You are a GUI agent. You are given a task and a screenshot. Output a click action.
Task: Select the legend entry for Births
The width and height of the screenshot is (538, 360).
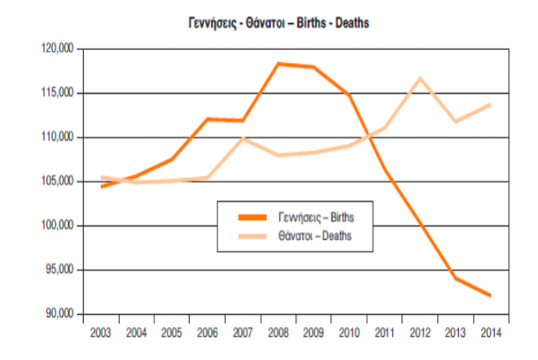coord(315,217)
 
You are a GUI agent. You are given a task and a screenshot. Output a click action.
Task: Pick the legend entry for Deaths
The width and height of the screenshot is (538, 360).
coord(315,236)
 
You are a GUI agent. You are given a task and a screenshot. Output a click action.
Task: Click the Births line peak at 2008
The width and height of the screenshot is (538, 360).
coord(277,64)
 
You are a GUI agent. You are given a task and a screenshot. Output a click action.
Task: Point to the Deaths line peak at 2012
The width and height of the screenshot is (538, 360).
coord(419,78)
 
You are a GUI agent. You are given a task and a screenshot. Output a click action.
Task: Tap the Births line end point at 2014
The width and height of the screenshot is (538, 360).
coord(490,295)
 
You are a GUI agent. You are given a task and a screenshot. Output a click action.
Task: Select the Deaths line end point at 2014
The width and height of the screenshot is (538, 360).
coord(490,105)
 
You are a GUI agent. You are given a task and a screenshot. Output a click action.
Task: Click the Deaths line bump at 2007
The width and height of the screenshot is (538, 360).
coord(242,138)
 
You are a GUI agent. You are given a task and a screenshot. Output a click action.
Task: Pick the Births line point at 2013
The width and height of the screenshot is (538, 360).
coord(454,278)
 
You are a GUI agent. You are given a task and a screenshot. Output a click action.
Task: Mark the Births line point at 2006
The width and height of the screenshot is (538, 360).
coord(207,119)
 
